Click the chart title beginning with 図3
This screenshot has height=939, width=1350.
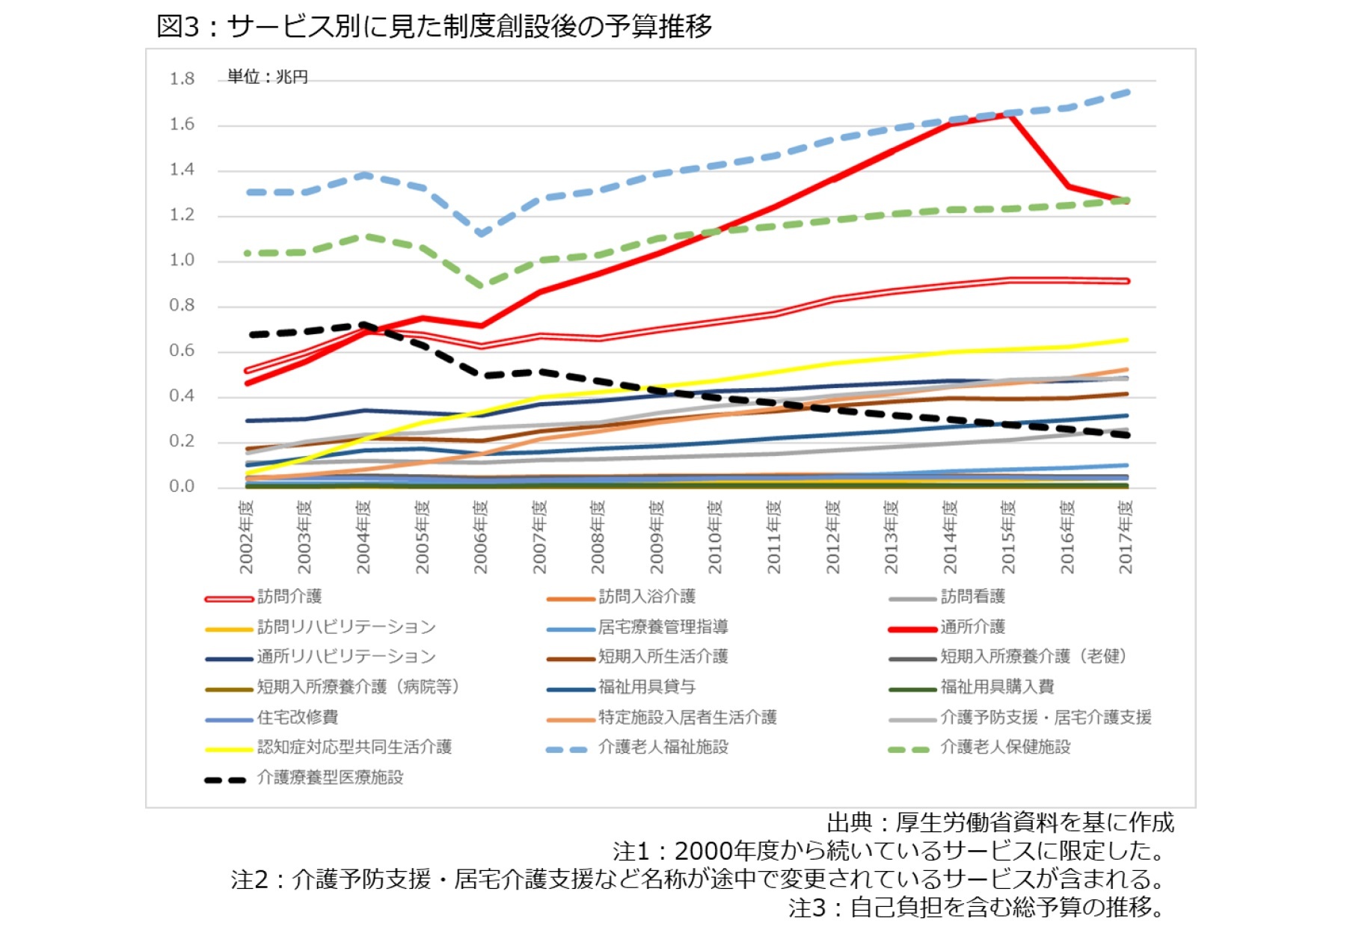click(x=434, y=26)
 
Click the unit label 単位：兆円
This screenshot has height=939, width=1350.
click(x=267, y=77)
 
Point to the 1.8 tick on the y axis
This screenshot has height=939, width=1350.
click(x=182, y=79)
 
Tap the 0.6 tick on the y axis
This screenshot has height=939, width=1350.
click(x=182, y=351)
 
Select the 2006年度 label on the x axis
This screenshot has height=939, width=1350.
click(x=480, y=537)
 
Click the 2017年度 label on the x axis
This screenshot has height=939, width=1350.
click(x=1126, y=537)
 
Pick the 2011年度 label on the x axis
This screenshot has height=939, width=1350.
click(x=773, y=537)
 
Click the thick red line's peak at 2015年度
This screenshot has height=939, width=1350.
click(x=1010, y=113)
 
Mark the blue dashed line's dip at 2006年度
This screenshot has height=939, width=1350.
click(x=481, y=233)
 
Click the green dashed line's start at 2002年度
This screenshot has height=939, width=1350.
click(x=248, y=253)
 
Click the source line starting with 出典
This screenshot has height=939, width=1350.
click(x=1000, y=822)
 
